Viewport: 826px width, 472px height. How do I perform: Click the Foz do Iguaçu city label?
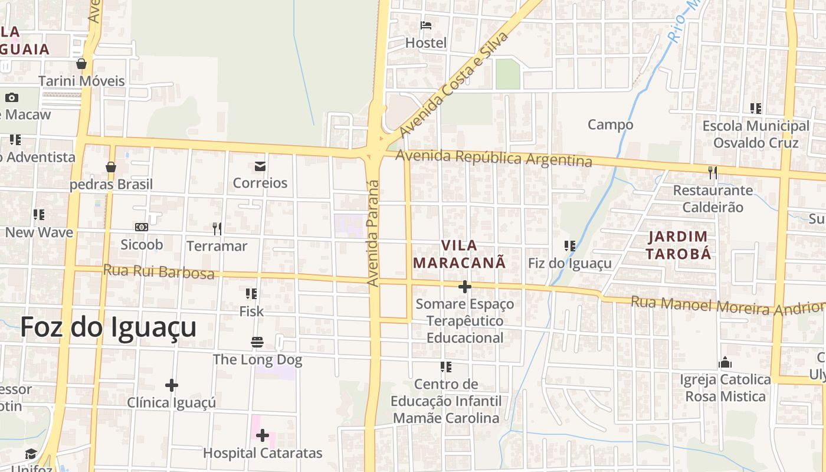[x=109, y=327]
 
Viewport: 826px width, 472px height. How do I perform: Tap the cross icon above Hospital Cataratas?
[x=263, y=435]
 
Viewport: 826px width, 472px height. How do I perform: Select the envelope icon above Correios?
[x=260, y=166]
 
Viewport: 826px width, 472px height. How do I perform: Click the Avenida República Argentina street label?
[x=494, y=158]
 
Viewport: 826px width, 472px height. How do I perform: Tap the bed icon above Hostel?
[x=426, y=25]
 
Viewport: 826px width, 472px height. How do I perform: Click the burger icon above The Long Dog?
[x=257, y=342]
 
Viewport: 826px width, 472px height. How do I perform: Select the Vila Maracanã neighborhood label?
[x=459, y=254]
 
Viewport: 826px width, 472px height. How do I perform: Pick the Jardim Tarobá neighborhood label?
[x=678, y=245]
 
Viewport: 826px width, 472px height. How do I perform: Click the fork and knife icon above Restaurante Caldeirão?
[x=713, y=172]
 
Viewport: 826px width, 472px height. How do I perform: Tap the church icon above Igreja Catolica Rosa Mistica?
[x=725, y=362]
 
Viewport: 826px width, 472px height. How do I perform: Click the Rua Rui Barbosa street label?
[x=159, y=272]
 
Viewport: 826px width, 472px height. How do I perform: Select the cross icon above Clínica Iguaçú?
[x=172, y=385]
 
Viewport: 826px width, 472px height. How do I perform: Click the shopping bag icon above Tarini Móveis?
[x=81, y=64]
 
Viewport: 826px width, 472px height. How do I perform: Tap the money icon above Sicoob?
[x=142, y=227]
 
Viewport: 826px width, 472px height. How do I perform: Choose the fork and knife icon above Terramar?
[x=217, y=228]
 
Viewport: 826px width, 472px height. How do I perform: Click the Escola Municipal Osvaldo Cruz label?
[x=755, y=135]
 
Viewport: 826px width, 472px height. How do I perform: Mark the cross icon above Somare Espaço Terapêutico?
[x=465, y=287]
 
